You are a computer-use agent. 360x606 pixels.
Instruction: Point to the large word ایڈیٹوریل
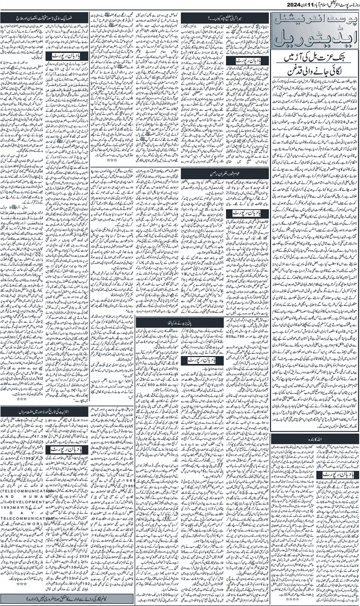point(313,41)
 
